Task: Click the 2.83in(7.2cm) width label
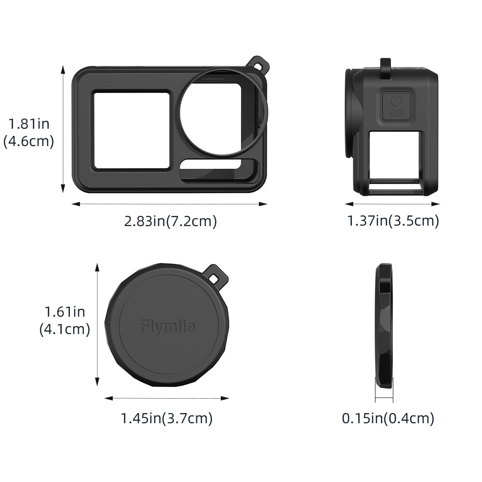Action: point(171,221)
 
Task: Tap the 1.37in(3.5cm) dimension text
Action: point(393,221)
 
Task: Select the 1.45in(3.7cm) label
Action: point(167,418)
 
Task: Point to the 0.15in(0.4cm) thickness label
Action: point(388,418)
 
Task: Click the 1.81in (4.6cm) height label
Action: point(29,133)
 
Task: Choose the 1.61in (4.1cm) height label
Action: point(65,321)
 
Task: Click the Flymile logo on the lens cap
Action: point(168,327)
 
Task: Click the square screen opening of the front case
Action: point(132,130)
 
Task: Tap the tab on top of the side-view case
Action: point(386,68)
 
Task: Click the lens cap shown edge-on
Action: point(384,326)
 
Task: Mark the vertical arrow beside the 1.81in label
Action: point(63,130)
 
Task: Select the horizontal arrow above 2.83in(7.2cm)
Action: point(169,204)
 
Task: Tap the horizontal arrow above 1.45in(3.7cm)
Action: point(167,399)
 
